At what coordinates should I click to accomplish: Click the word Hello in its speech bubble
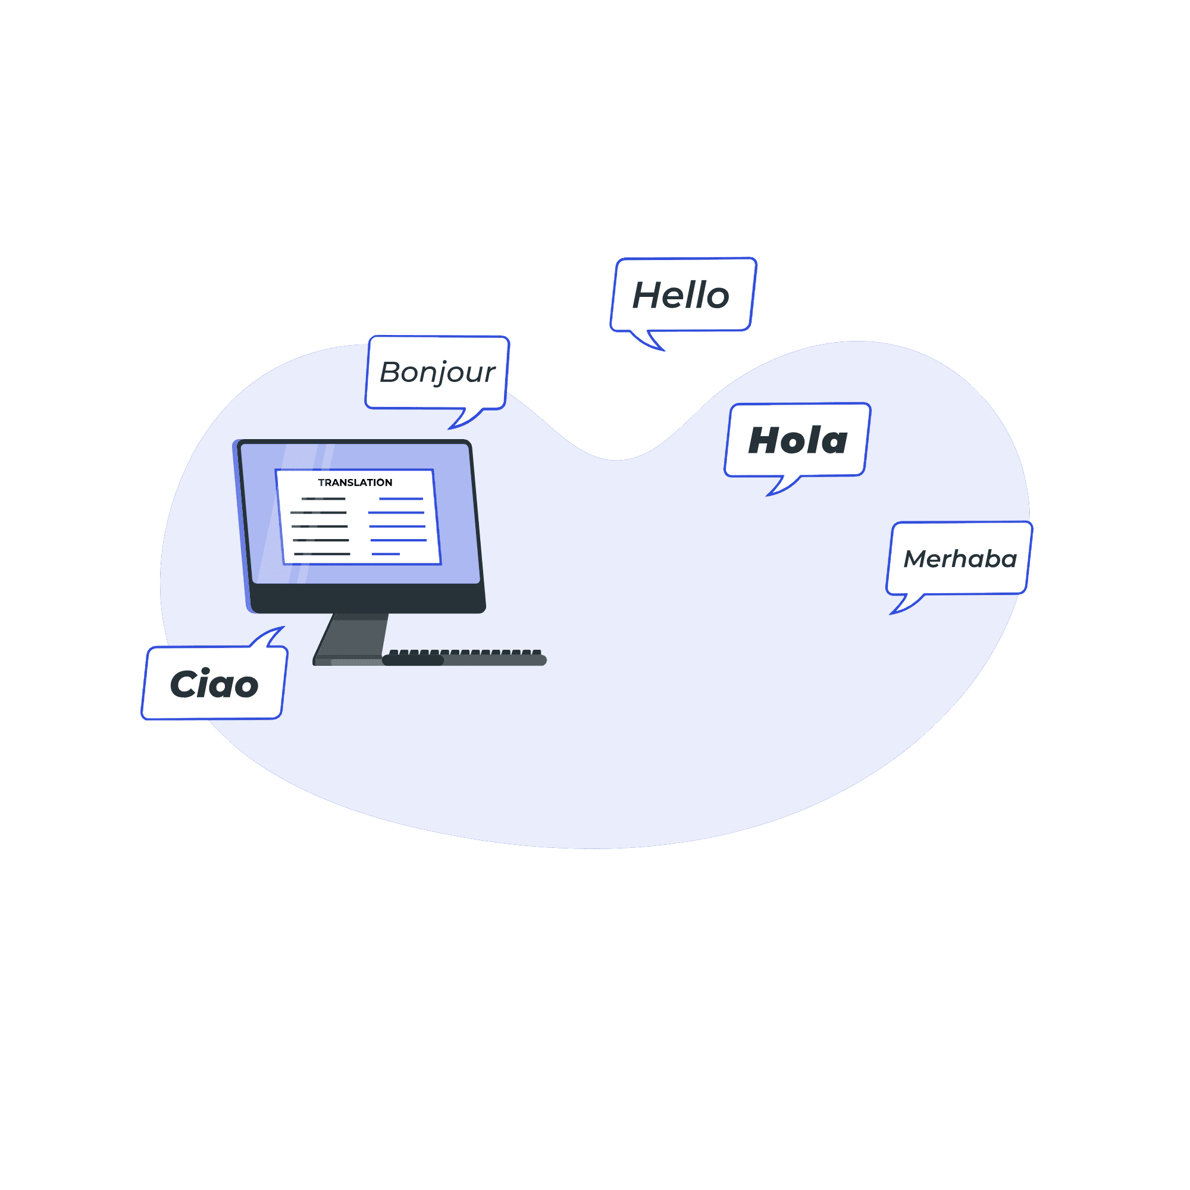point(681,296)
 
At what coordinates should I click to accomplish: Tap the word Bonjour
point(437,372)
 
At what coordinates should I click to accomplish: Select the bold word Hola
point(798,441)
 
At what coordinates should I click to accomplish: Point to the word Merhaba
point(960,559)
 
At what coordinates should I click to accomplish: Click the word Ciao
point(214,684)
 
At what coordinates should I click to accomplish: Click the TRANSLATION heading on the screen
point(355,483)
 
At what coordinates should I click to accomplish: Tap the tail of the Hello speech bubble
point(650,340)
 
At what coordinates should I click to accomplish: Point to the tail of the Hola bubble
point(781,486)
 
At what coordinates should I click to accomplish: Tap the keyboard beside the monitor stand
point(465,657)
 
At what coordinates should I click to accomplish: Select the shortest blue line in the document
point(386,554)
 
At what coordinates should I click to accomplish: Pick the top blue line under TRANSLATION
point(400,498)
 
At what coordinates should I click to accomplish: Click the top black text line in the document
point(323,498)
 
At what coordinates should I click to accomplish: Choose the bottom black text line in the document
point(322,554)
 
